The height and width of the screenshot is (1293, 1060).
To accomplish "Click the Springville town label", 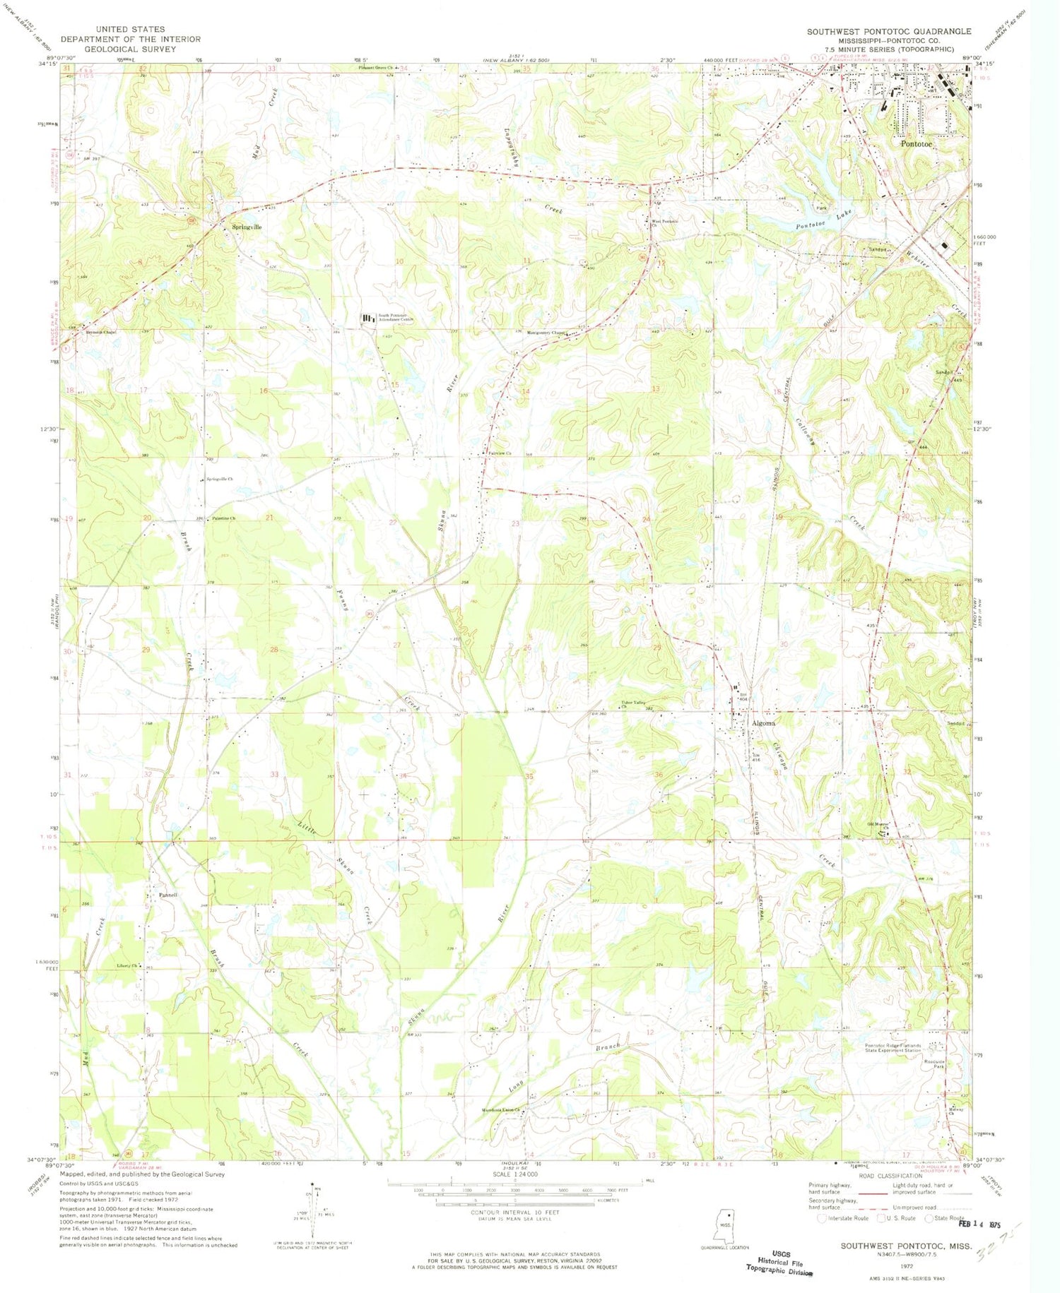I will point(247,227).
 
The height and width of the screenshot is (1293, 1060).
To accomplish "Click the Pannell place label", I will point(167,895).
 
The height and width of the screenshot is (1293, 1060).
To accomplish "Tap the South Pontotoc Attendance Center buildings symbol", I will point(368,319).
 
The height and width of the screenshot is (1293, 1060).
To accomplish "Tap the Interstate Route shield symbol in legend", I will point(821,1218).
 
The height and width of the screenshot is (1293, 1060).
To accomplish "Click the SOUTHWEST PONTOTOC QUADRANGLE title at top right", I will point(889,32).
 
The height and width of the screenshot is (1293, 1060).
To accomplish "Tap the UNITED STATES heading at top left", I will point(130,30).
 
